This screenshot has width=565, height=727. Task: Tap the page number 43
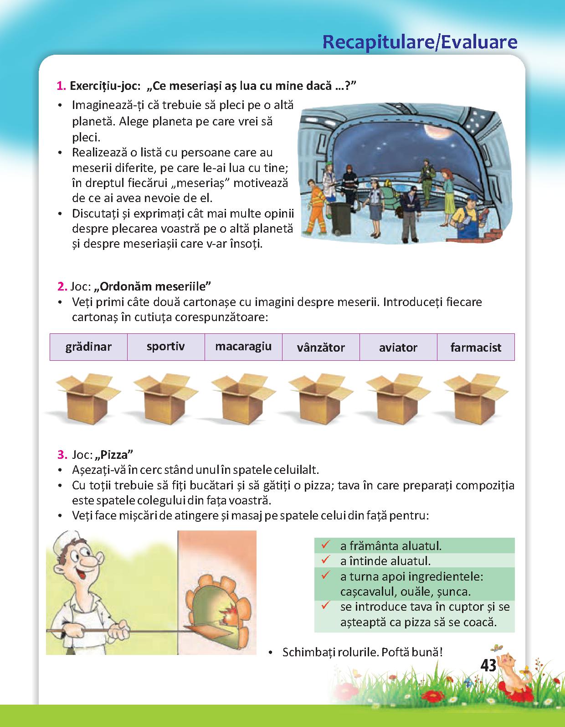coord(488,666)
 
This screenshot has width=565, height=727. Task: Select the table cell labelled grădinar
coord(88,347)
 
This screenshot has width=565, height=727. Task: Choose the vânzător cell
coord(321,347)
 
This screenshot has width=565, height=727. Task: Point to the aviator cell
coord(398,347)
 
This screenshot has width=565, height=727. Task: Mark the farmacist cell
coord(476,347)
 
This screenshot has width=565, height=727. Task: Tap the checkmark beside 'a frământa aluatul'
coord(325,545)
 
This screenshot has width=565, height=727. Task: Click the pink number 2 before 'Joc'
coord(62,286)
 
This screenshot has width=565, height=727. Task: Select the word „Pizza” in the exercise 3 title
coord(114,454)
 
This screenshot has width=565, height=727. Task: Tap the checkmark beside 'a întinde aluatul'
coord(325,560)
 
